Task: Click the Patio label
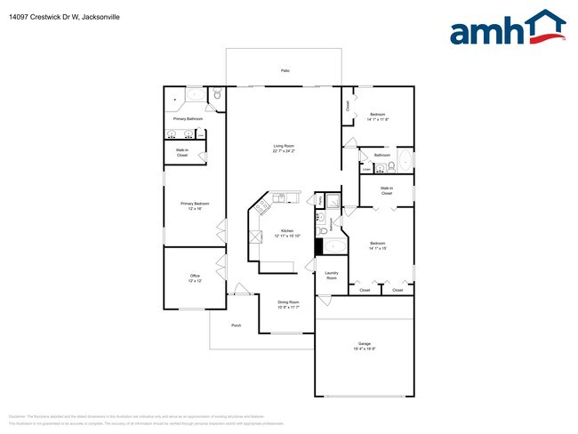(285, 70)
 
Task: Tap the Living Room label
(284, 146)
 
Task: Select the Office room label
(195, 276)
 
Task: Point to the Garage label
(364, 343)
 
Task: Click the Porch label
(236, 325)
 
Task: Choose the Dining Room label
(288, 302)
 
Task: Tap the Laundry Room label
(331, 276)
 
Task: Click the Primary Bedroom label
(194, 204)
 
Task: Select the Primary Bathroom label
(188, 118)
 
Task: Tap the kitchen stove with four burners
(262, 208)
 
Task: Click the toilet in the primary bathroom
(216, 94)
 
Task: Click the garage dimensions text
(364, 348)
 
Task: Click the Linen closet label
(365, 169)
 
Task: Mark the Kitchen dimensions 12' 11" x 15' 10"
(288, 236)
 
